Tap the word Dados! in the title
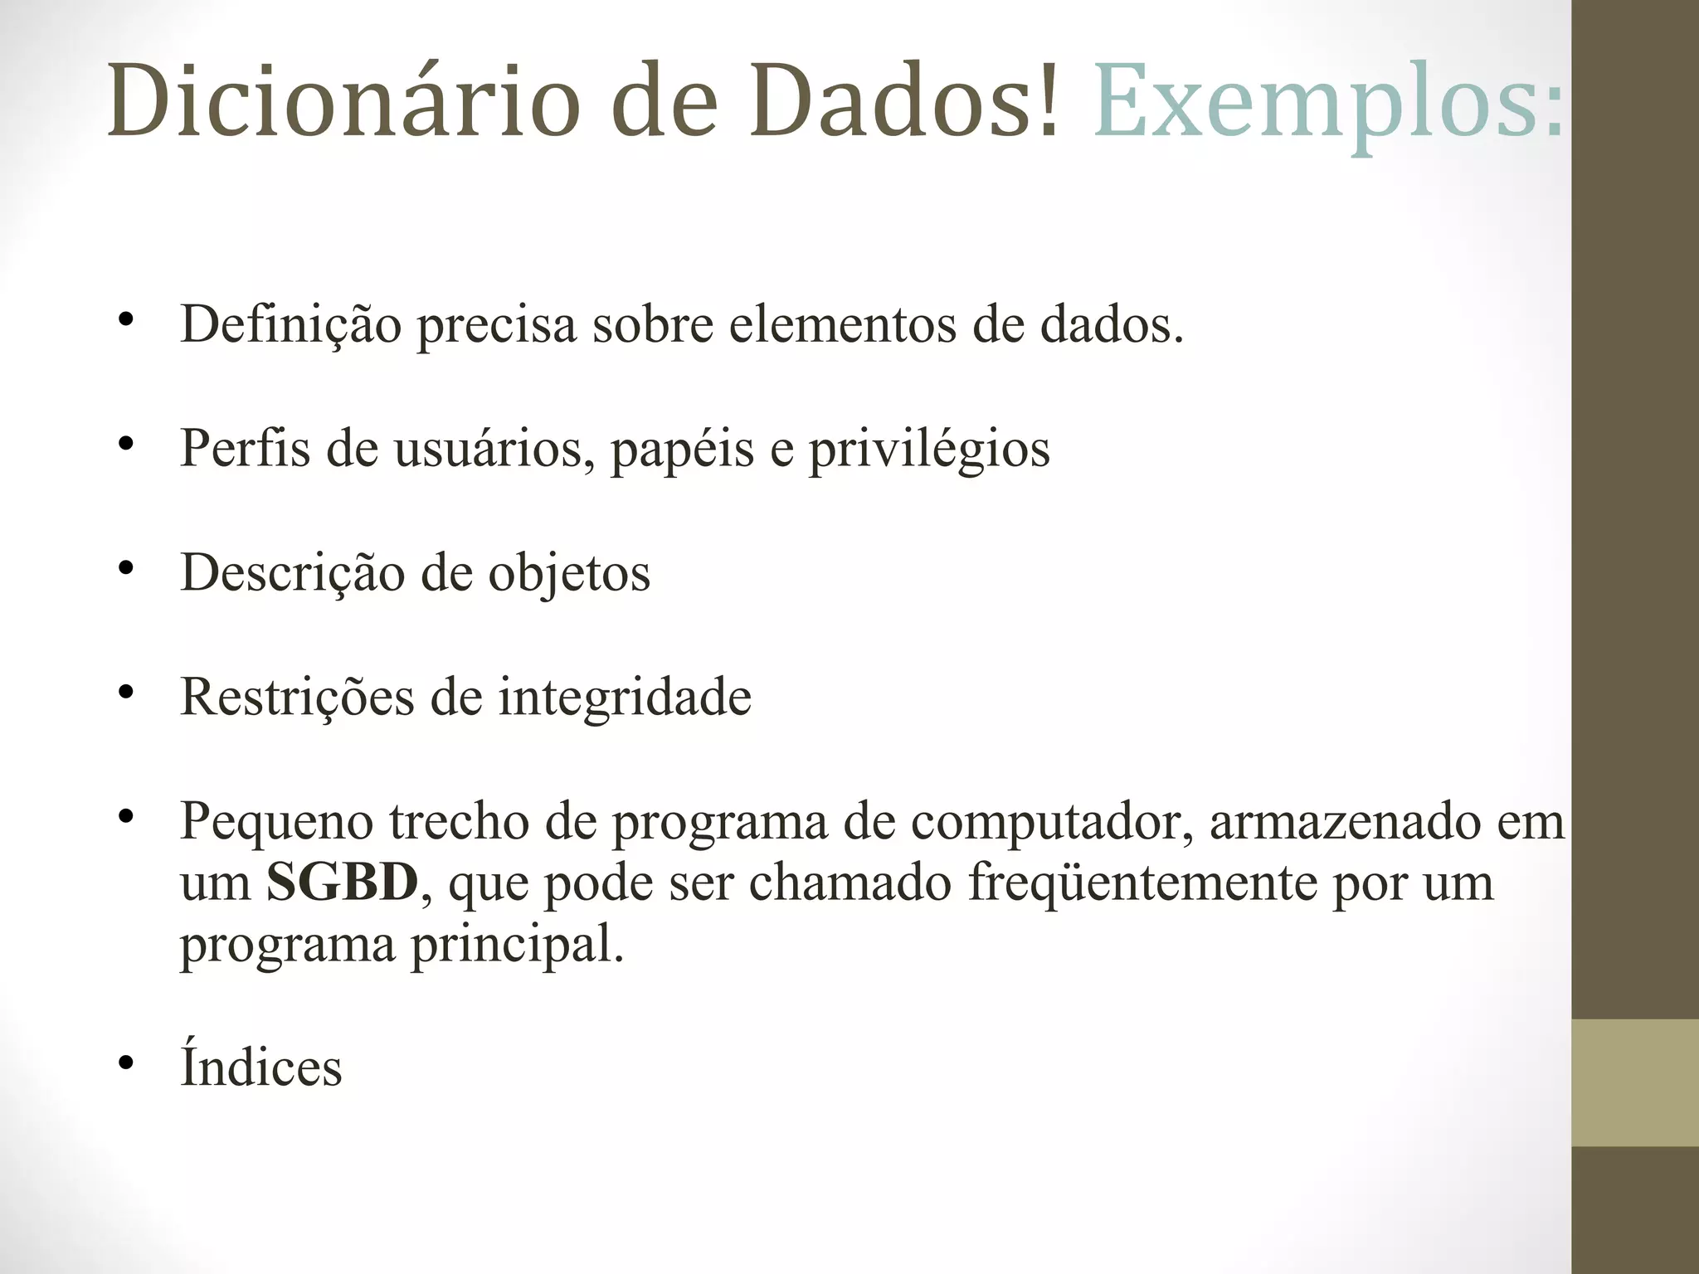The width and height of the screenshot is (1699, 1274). click(904, 101)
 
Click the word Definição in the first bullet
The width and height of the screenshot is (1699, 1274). click(290, 324)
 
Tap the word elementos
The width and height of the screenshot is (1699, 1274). click(843, 324)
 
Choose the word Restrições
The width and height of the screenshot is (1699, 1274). click(297, 697)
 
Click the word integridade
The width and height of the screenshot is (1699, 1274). click(625, 698)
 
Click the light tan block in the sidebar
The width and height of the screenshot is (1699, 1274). click(1635, 1082)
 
